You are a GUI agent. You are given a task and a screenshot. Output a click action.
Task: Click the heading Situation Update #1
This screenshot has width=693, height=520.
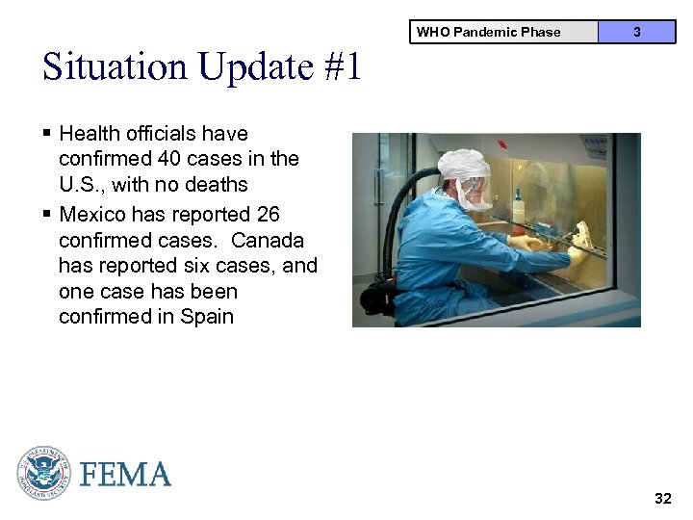pos(201,67)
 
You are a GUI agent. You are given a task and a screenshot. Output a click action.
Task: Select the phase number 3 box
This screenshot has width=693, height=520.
pos(636,32)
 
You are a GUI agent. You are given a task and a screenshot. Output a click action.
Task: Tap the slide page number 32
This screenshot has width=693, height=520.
pos(662,498)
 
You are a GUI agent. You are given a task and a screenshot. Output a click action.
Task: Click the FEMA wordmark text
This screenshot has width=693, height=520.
pos(125,475)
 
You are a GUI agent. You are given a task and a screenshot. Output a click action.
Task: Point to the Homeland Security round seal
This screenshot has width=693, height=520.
pos(43,473)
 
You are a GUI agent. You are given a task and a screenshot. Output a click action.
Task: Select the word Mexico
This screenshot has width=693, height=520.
pos(92,214)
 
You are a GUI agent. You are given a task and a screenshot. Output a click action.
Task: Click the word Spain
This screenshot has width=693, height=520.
pos(207,317)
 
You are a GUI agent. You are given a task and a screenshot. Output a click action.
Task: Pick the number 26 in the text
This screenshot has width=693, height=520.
pos(268,214)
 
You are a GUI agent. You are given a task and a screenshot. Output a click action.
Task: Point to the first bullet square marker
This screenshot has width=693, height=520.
pos(47,134)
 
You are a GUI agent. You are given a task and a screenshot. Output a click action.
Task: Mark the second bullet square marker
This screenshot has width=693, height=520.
pos(47,214)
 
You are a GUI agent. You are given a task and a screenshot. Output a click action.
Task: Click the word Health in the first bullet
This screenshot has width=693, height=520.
pos(90,134)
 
